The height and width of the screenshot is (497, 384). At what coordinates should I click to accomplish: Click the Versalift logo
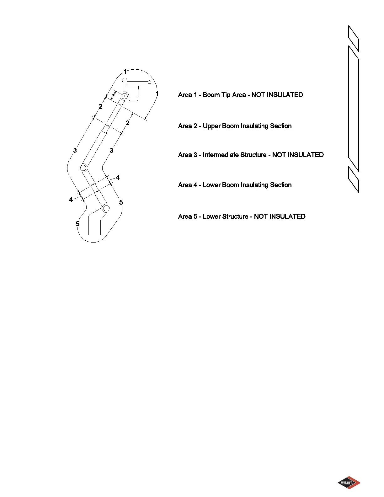pos(349,483)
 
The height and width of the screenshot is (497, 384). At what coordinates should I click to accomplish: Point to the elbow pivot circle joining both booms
pos(83,168)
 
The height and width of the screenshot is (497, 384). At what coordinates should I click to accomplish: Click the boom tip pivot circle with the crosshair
pos(125,96)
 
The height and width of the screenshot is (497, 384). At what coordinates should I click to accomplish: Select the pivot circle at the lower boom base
pos(106,208)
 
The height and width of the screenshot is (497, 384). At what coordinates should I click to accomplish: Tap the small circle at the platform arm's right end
pos(150,82)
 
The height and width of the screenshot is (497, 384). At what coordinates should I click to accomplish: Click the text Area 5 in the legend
pos(187,216)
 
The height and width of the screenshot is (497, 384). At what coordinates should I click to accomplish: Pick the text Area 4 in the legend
pos(187,185)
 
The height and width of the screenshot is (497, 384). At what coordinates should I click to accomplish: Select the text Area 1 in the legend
pos(187,95)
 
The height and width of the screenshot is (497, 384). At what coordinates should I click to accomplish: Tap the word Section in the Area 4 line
pos(281,185)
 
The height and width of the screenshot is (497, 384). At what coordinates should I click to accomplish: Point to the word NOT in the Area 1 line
pos(258,95)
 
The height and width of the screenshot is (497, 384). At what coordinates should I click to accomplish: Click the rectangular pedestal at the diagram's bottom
pos(94,227)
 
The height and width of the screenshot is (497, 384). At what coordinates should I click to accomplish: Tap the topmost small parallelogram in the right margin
pos(354,39)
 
